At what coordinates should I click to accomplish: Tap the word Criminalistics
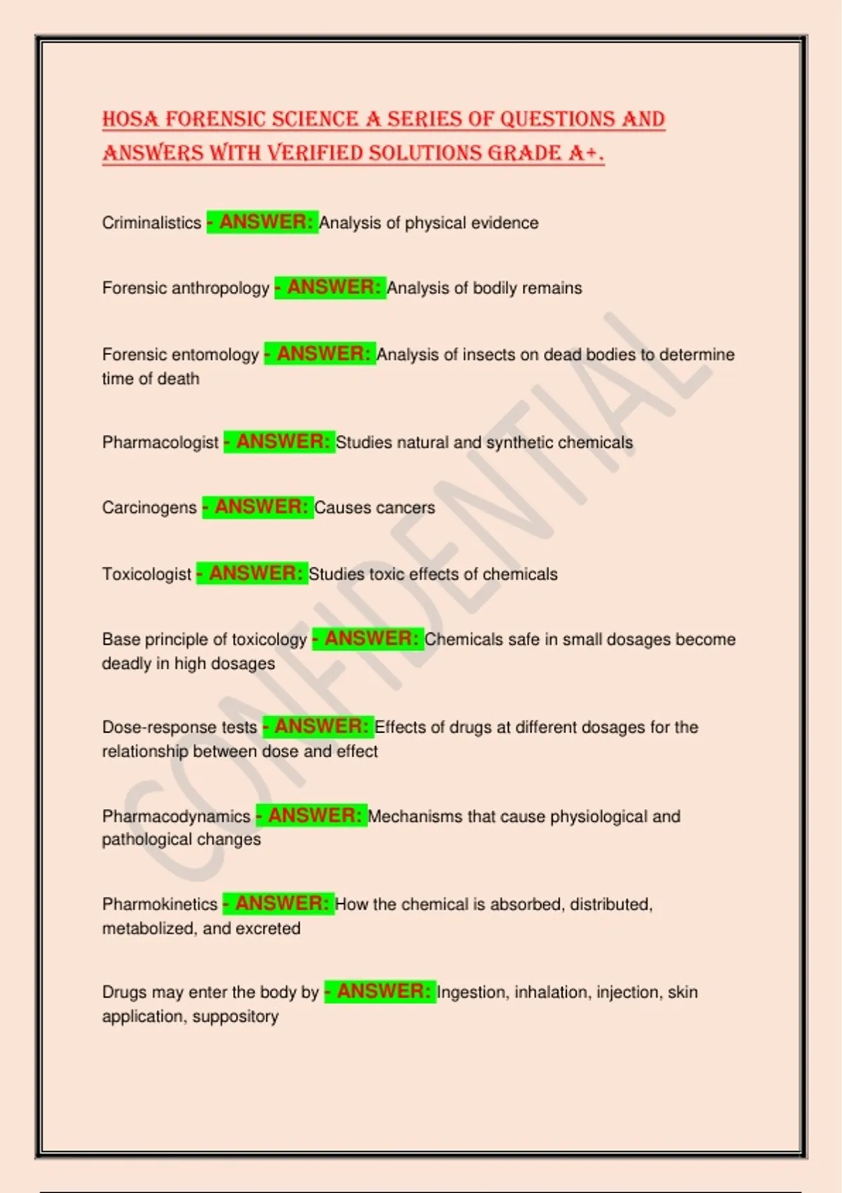[152, 223]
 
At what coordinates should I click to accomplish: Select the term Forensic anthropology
[185, 288]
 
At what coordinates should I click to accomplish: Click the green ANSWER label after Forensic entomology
[320, 354]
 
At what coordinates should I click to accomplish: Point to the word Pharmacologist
[160, 443]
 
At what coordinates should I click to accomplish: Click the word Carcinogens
[149, 508]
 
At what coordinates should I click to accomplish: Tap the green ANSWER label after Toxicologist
[252, 573]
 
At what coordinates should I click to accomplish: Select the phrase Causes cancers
[375, 508]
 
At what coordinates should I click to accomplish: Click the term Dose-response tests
[180, 728]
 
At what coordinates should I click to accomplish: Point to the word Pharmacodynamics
[176, 817]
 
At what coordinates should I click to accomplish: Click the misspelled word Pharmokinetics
[160, 905]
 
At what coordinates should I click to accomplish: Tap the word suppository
[235, 1017]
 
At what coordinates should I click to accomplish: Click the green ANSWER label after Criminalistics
[262, 222]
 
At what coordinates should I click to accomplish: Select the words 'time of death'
[151, 379]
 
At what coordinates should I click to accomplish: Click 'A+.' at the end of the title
[587, 153]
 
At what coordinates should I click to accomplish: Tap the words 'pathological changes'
[181, 840]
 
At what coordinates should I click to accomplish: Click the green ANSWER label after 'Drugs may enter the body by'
[380, 992]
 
